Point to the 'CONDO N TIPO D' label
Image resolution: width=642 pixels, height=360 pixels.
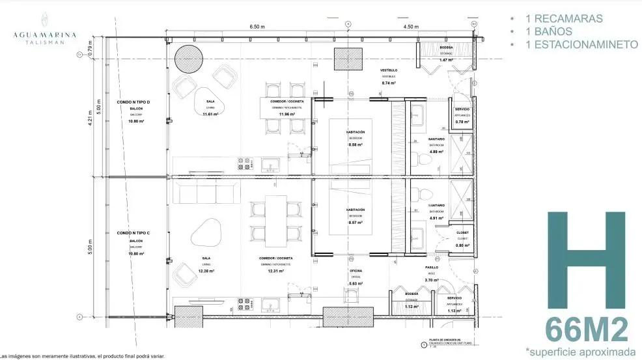134,103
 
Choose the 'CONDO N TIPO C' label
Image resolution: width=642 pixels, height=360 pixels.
134,232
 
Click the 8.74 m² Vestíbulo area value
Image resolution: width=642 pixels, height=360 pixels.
389,83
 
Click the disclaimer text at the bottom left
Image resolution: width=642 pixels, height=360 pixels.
83,356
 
